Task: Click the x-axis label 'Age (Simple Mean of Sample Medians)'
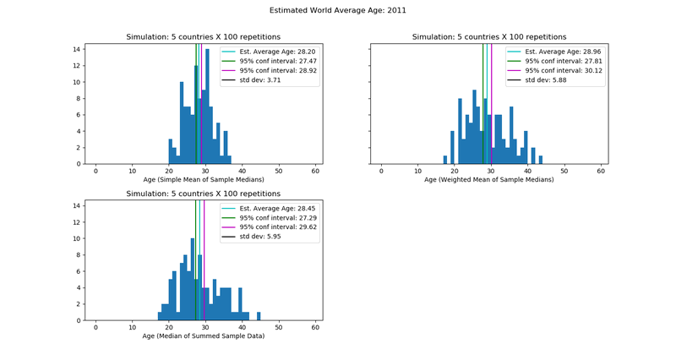(203, 179)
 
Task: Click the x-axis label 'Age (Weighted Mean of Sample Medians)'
(489, 179)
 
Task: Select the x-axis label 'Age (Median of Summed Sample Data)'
(203, 335)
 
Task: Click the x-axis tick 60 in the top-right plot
(602, 172)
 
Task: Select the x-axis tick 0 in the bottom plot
(95, 328)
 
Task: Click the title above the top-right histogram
(489, 37)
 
